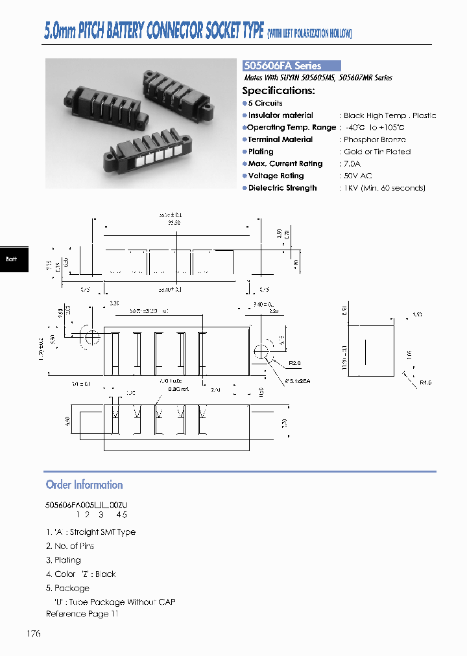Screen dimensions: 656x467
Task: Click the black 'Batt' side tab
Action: tap(12, 259)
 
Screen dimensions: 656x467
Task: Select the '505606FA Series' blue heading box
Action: tap(291, 65)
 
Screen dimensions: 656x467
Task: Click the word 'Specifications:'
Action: tap(279, 91)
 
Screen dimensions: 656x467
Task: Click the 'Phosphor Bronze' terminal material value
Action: tap(375, 139)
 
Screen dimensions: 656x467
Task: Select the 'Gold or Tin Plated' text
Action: tap(377, 152)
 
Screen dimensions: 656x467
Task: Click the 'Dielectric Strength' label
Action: tap(282, 188)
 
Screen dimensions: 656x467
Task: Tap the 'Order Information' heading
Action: tap(84, 485)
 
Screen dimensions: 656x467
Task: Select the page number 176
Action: tap(34, 633)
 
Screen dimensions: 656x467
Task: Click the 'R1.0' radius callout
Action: tap(425, 382)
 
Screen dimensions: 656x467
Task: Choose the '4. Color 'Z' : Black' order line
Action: tap(81, 574)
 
